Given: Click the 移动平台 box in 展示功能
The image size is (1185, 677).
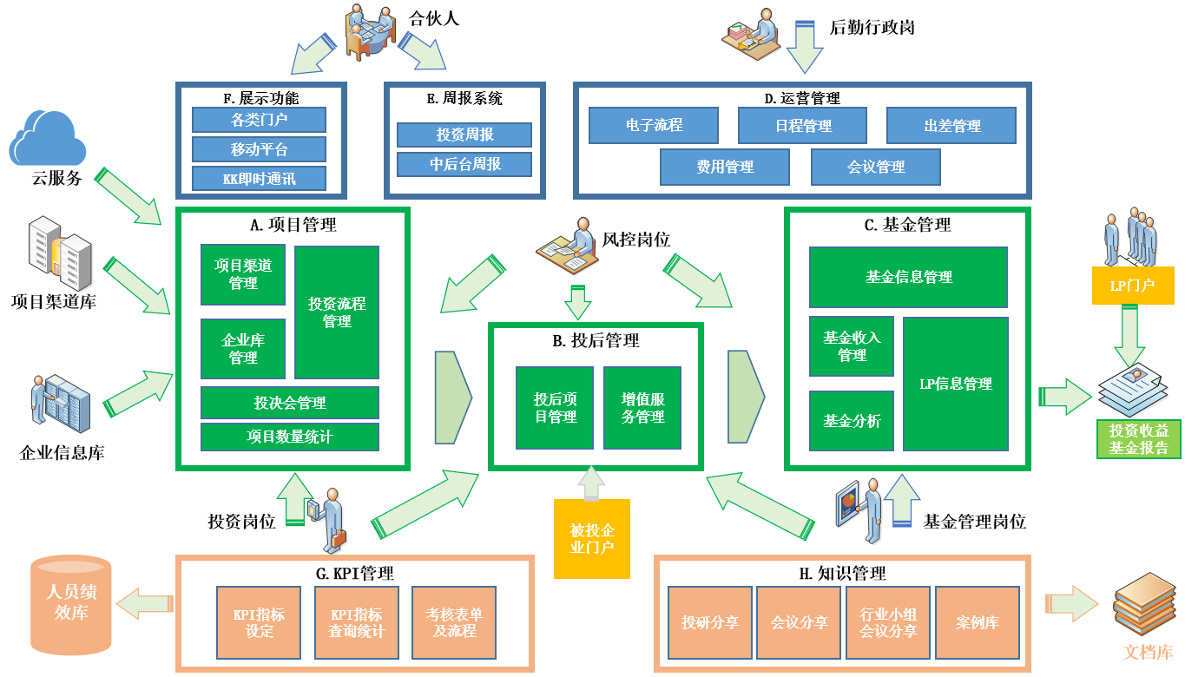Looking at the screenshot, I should pos(259,149).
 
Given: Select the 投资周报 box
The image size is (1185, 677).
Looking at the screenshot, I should pos(464,135).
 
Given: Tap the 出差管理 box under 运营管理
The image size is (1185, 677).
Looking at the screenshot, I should pos(951,126).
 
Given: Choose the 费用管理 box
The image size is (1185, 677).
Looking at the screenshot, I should pos(725,167).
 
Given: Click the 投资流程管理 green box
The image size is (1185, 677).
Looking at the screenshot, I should pos(337,312).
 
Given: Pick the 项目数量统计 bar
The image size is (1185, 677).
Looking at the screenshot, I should pos(290,437).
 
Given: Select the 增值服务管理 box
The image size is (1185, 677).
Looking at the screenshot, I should pos(643,408).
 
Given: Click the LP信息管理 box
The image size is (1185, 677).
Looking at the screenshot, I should pos(955,384).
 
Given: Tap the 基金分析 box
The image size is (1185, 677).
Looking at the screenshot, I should pos(852,421).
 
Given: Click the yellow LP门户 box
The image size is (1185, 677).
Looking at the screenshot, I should pos(1132,285).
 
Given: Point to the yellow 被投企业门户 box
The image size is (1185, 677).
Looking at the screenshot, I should pos(592,539).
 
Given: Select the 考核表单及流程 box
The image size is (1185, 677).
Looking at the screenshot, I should pos(455,622).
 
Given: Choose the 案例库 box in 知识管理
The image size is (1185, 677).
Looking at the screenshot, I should pos(977,622).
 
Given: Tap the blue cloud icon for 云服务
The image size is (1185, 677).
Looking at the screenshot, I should pos(48,139).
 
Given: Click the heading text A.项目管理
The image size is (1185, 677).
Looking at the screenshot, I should pos(293,225).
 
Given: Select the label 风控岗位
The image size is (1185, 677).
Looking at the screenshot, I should pos(636,239).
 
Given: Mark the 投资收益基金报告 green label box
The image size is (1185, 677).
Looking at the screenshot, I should pos(1138,439).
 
